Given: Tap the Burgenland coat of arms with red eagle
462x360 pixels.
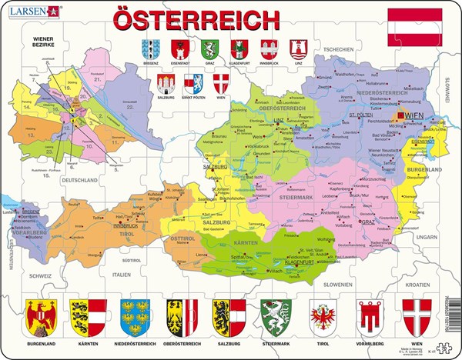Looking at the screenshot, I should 41,315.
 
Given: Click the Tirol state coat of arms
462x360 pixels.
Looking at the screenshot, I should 323,315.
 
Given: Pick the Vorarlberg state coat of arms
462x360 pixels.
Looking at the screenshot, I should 370,315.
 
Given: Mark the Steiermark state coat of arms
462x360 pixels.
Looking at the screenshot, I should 276,315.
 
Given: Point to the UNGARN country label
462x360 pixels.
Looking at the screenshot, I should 424,216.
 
